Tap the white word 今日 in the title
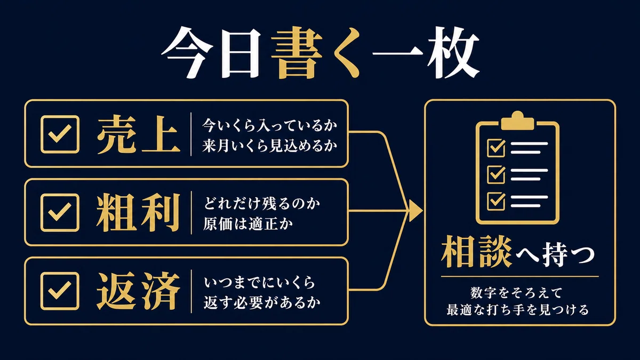coord(211,53)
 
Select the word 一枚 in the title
coord(426,53)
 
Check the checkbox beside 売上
coord(60,134)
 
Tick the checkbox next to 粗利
coord(60,213)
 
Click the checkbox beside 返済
coord(60,291)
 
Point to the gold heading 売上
coord(139,134)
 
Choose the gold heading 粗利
coord(139,213)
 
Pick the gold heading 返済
coord(139,291)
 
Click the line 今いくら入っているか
coord(270,125)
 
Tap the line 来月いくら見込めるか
coord(270,146)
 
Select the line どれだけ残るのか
coord(262,204)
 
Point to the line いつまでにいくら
coord(259,283)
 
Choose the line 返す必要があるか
coord(262,302)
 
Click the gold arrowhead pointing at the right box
coord(415,211)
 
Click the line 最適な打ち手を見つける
coord(517,310)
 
